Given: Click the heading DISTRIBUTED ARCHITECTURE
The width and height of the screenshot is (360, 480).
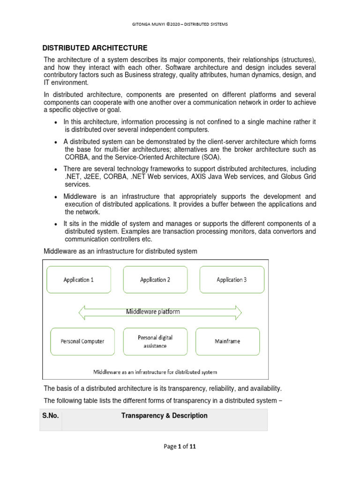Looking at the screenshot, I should (x=95, y=48).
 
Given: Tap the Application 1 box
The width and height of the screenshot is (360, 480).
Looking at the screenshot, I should (x=78, y=280).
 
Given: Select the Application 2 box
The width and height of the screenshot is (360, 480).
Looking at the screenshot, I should (x=155, y=280).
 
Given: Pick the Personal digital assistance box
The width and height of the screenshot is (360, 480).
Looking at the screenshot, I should (x=155, y=342).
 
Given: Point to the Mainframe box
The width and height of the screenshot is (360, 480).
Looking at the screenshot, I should (x=227, y=342).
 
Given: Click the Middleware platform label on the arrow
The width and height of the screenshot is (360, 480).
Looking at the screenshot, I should (x=153, y=311).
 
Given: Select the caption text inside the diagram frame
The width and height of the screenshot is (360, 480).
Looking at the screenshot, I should (x=155, y=372).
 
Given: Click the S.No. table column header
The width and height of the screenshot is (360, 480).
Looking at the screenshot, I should (x=51, y=416).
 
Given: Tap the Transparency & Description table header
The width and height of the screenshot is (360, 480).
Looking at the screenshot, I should (x=164, y=416).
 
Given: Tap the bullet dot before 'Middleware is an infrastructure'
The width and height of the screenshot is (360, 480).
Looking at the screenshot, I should (x=56, y=197).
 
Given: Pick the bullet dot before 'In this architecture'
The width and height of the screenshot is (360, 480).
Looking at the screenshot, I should (x=56, y=122).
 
